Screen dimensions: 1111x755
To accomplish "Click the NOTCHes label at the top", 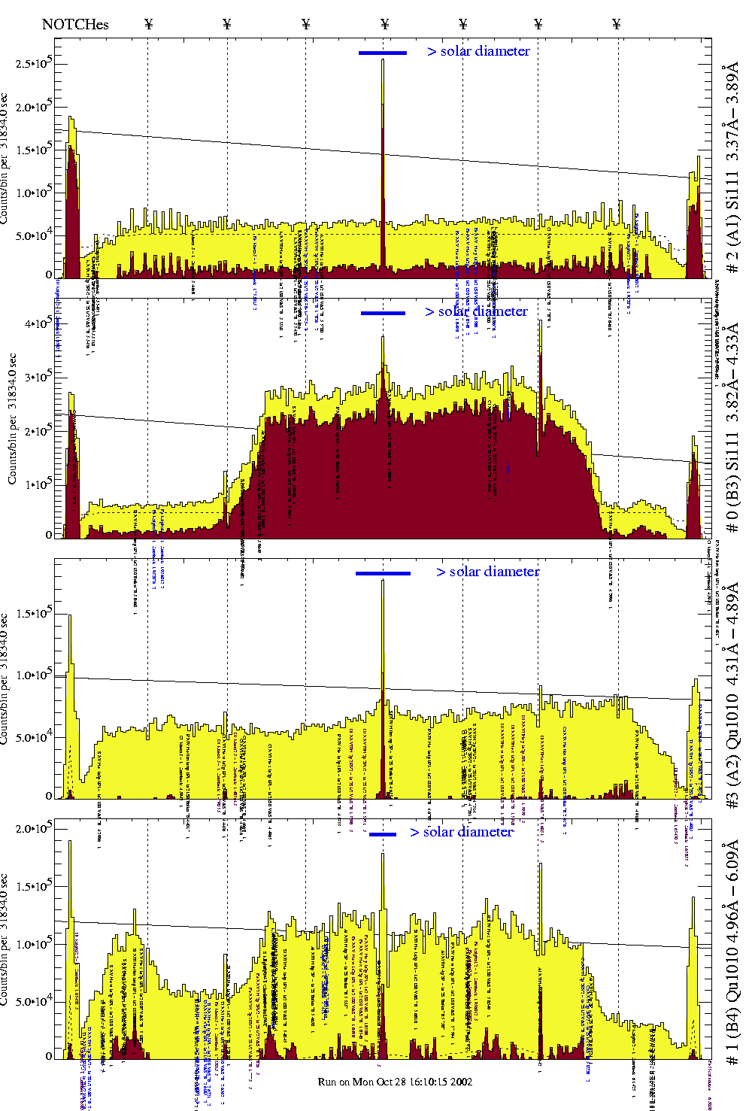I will [x=75, y=24].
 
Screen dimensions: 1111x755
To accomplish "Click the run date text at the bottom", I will [x=395, y=1082].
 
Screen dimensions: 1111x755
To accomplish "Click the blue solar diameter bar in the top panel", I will [x=383, y=53].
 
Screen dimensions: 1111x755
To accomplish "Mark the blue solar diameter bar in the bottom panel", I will [x=383, y=834].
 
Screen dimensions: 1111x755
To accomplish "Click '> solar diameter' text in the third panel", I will [x=487, y=572].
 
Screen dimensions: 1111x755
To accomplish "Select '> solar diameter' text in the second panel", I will [x=476, y=311].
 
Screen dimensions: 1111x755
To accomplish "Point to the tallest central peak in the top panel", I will [x=383, y=62].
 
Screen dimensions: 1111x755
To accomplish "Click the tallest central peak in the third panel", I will [x=383, y=582].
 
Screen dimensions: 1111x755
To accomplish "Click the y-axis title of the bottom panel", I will [x=5, y=939].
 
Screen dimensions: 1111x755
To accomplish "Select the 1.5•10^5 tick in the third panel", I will [x=33, y=613].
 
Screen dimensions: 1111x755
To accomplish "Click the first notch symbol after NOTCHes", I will [x=148, y=24].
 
